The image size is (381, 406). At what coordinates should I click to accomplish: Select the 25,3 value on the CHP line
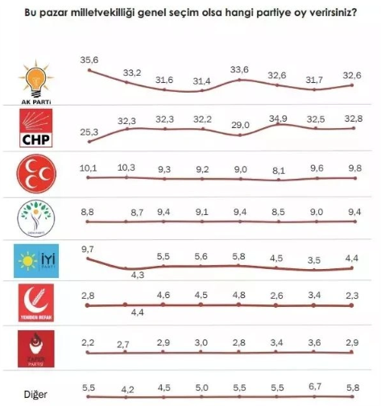[x=89, y=132]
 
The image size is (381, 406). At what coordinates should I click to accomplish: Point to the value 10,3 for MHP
[x=126, y=167]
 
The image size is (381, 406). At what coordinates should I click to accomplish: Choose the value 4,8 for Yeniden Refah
[x=240, y=295]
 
